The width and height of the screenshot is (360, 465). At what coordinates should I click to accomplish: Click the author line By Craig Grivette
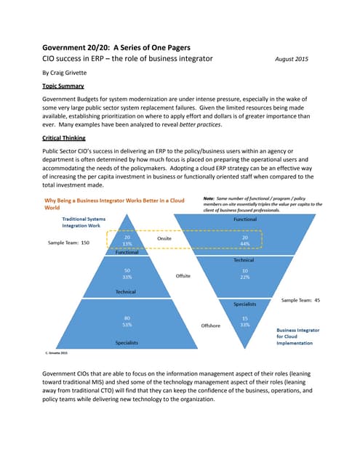[72, 73]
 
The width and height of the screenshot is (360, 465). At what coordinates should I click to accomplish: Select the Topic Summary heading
[65, 86]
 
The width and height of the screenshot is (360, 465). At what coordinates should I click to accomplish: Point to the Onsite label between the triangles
[166, 238]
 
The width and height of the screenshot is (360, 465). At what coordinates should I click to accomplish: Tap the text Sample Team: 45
[300, 299]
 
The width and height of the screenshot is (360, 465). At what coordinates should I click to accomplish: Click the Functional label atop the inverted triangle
[244, 219]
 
